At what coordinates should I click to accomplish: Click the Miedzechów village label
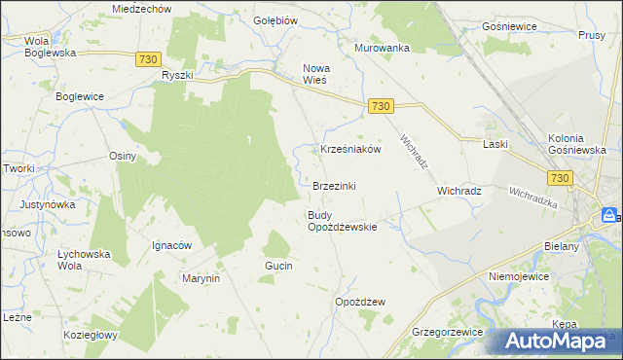[141, 8]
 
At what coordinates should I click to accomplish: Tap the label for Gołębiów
[274, 20]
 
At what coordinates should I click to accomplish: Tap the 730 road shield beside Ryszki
[148, 59]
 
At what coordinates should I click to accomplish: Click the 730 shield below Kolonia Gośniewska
[559, 178]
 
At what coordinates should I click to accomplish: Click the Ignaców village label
[170, 245]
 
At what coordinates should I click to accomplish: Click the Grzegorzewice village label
[448, 332]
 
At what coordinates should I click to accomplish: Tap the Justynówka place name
[47, 205]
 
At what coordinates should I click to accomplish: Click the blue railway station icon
[609, 215]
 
